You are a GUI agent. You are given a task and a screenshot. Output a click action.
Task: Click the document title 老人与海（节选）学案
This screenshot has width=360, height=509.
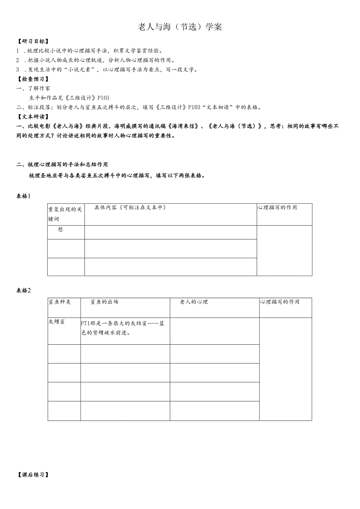(x=180, y=27)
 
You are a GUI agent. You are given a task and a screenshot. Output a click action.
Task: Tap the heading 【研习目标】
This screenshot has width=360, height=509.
(x=33, y=41)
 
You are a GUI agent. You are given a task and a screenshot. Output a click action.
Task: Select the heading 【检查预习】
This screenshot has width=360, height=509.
(x=33, y=79)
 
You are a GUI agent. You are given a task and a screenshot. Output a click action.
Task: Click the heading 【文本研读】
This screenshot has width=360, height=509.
(x=33, y=117)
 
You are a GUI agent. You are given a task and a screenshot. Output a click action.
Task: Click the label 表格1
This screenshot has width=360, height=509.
(x=23, y=196)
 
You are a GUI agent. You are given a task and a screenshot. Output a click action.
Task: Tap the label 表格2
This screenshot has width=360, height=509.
(x=23, y=290)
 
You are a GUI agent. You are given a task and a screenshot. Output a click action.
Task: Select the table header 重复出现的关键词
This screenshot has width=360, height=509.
(x=65, y=214)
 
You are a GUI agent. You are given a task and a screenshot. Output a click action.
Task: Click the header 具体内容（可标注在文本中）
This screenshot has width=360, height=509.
(x=130, y=207)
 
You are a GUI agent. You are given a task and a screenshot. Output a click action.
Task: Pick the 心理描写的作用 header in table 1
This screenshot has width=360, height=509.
(x=277, y=207)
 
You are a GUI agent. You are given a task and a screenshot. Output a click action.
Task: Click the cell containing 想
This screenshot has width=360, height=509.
(x=60, y=230)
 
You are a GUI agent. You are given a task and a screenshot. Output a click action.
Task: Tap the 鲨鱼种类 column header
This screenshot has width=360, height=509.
(x=60, y=302)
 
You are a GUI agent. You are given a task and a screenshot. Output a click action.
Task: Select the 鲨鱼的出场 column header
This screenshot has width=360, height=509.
(x=104, y=302)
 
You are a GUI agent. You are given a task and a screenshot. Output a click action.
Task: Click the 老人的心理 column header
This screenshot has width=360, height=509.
(x=194, y=302)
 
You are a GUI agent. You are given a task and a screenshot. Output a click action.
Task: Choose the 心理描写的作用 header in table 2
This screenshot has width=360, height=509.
(x=279, y=302)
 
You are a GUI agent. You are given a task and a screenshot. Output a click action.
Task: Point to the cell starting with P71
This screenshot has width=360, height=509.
(x=124, y=328)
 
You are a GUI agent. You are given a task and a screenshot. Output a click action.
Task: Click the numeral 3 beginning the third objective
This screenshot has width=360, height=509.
(x=18, y=70)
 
